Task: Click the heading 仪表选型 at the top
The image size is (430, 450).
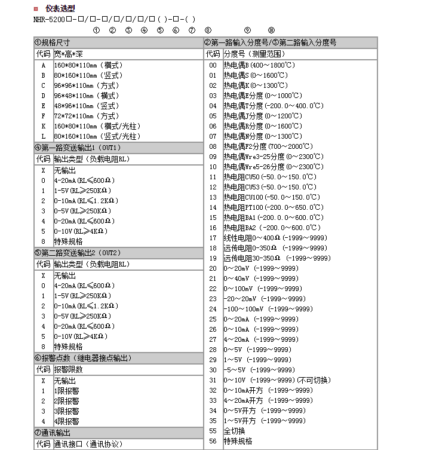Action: tap(60, 8)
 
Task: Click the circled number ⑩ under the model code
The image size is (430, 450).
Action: tap(271, 30)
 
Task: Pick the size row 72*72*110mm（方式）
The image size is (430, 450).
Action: tap(86, 116)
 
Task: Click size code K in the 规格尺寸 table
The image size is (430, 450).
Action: tap(43, 126)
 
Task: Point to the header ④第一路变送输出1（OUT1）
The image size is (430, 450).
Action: tap(78, 148)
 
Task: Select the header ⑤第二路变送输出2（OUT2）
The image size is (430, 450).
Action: tap(78, 253)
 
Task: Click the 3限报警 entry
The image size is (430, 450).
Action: tap(66, 411)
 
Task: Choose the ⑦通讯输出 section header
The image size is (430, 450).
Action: tap(53, 433)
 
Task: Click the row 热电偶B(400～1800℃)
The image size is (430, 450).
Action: tap(259, 65)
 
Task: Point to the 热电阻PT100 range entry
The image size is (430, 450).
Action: tap(273, 207)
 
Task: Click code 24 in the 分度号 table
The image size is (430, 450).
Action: tap(213, 309)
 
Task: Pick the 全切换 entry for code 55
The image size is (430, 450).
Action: tap(235, 430)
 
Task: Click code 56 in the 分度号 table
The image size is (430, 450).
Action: tap(213, 440)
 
